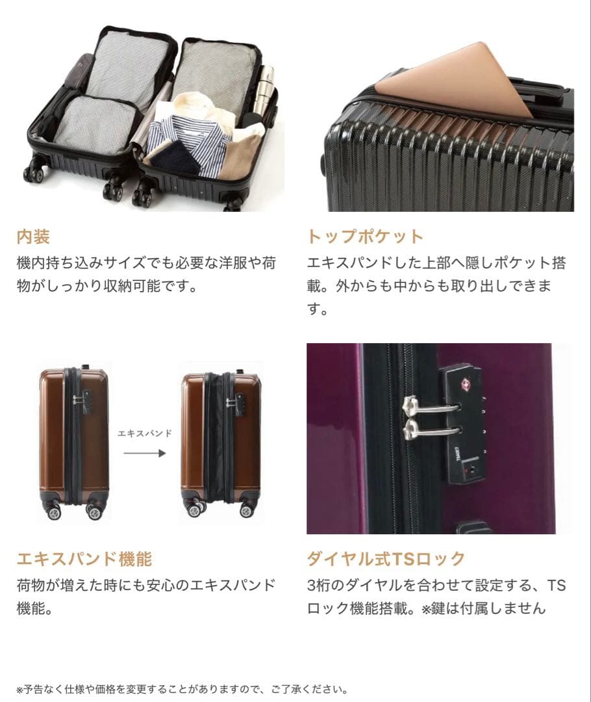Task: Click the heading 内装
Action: click(x=33, y=236)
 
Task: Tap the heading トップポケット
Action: click(x=365, y=236)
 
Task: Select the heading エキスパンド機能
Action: click(x=84, y=558)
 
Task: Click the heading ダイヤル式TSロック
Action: click(x=386, y=558)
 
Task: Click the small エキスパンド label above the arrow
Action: click(x=145, y=434)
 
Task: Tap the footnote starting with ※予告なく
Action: click(x=182, y=689)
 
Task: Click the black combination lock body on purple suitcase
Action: click(x=464, y=422)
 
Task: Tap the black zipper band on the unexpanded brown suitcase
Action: click(x=73, y=435)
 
